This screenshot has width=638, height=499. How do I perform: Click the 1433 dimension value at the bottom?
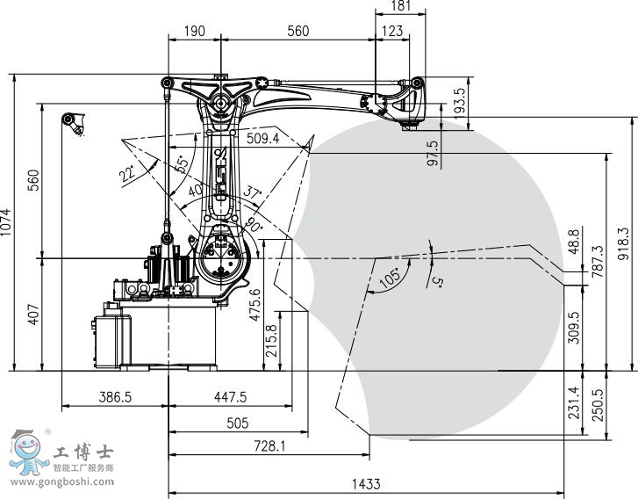(366, 484)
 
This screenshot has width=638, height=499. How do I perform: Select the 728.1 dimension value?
(269, 446)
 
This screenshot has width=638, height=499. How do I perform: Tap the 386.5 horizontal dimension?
(115, 397)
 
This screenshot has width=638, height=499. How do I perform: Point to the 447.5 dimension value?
(230, 397)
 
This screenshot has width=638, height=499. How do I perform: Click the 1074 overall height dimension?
(6, 222)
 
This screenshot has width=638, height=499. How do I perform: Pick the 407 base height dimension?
(34, 315)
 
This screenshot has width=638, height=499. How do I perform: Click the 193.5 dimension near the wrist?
(459, 104)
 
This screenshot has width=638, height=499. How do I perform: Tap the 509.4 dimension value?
(263, 139)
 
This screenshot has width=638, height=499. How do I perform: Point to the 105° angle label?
(391, 278)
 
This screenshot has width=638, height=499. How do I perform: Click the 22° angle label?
(127, 173)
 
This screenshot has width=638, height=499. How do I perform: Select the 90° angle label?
(253, 225)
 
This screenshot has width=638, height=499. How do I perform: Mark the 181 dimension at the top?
(401, 6)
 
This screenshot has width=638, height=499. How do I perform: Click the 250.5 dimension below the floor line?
(599, 405)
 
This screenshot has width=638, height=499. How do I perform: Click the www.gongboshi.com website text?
(62, 482)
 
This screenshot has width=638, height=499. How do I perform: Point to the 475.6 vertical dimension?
(254, 304)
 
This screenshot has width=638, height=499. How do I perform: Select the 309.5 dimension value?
(574, 328)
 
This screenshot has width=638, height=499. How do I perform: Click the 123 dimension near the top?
(392, 31)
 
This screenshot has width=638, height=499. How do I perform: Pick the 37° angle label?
(252, 192)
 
